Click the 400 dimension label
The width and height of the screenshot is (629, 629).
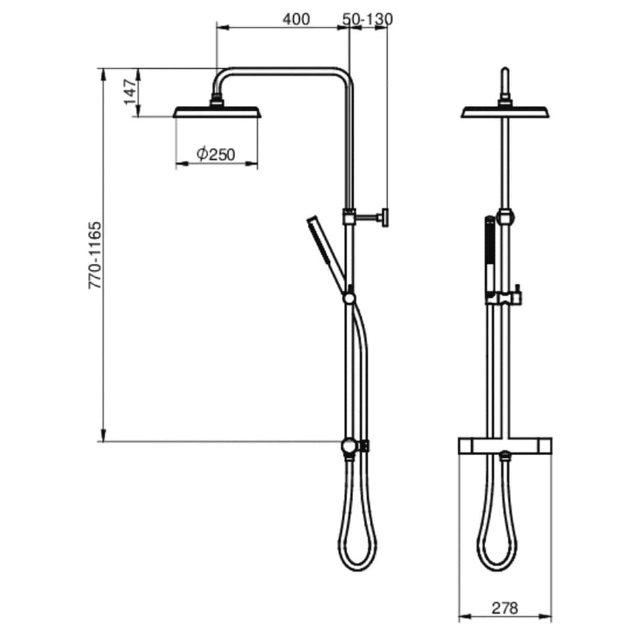pyautogui.click(x=296, y=19)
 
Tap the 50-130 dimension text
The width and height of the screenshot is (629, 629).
pyautogui.click(x=368, y=19)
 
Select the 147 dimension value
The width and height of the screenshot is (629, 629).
pyautogui.click(x=130, y=92)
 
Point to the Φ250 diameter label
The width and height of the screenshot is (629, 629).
pyautogui.click(x=216, y=154)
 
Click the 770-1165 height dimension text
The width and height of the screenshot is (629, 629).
pyautogui.click(x=95, y=255)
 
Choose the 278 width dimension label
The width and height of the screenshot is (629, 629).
pyautogui.click(x=505, y=608)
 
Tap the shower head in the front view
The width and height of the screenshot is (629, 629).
pyautogui.click(x=506, y=111)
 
